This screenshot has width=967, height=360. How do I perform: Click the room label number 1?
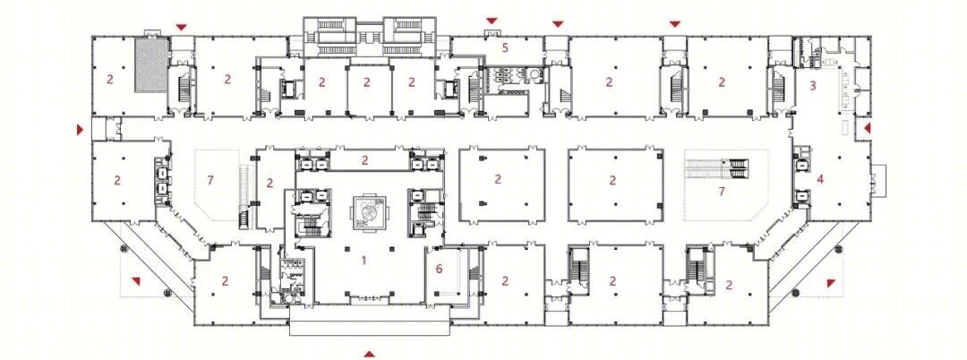click(x=364, y=261)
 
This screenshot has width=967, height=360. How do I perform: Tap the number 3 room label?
click(x=813, y=86)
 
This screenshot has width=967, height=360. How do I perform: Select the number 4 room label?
click(x=820, y=179)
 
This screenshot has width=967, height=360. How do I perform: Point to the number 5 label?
click(x=504, y=47)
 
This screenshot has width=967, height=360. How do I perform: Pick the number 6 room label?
click(x=439, y=268)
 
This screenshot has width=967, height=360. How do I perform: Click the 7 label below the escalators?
click(x=722, y=191)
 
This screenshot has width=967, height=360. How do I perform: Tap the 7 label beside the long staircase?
click(x=210, y=179)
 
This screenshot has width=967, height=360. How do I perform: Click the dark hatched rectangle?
click(x=151, y=64)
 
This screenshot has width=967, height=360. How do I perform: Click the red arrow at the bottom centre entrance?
click(x=369, y=354)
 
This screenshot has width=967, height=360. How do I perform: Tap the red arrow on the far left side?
click(x=80, y=130)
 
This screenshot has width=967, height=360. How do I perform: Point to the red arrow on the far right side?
click(x=867, y=128)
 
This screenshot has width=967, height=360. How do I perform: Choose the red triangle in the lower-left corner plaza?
click(x=136, y=281)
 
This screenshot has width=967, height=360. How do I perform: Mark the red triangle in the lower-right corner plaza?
click(x=831, y=283)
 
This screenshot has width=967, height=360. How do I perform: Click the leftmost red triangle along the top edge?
click(x=181, y=27)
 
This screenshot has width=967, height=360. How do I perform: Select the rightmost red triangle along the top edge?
click(x=675, y=24)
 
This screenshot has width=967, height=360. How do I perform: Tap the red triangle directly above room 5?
click(x=492, y=21)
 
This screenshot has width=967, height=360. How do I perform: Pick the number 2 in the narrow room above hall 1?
click(x=365, y=161)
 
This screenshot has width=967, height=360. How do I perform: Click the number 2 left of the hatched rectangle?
click(x=110, y=79)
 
